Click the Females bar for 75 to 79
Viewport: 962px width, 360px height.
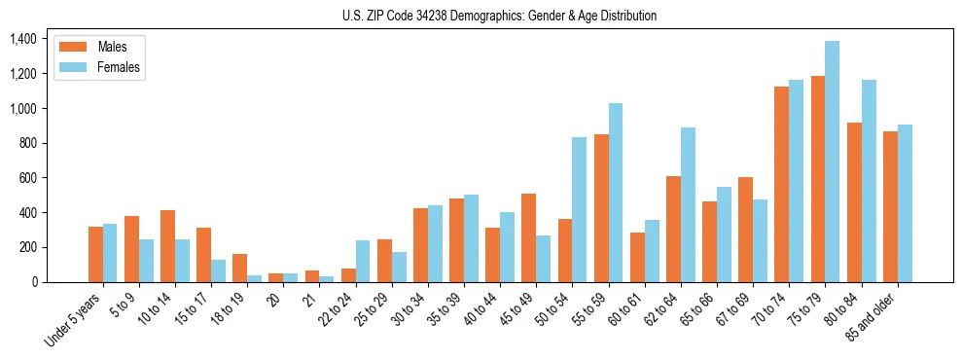pyautogui.click(x=832, y=162)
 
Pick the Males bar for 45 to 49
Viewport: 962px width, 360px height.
pyautogui.click(x=528, y=238)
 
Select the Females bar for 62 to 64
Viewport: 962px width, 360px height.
pyautogui.click(x=687, y=205)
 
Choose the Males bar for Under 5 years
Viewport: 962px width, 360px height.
pyautogui.click(x=95, y=255)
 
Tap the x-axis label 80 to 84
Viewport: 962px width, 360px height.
pyautogui.click(x=845, y=307)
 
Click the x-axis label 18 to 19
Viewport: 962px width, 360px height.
pyautogui.click(x=232, y=307)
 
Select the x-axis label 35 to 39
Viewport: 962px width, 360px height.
pyautogui.click(x=448, y=307)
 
